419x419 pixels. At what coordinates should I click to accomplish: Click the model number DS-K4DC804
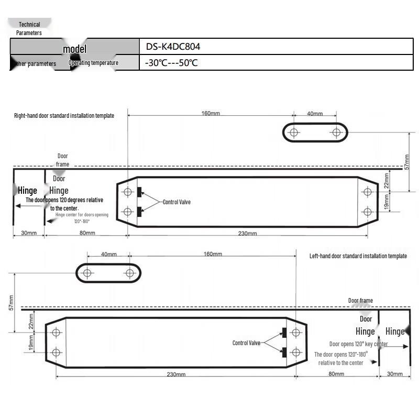click(173, 47)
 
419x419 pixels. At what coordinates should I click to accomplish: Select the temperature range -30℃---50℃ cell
click(171, 63)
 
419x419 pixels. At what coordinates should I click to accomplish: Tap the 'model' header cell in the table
click(74, 49)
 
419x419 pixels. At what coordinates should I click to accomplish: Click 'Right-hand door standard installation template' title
click(64, 115)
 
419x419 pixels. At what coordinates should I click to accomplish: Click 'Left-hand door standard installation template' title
click(358, 256)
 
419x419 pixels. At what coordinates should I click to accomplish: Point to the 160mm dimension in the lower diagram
click(213, 254)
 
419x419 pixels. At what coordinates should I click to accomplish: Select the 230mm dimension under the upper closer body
click(247, 233)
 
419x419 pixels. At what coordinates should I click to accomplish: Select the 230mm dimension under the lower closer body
click(176, 374)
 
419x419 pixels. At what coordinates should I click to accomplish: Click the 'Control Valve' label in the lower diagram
click(246, 343)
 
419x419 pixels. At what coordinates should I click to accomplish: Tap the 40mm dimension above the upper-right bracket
click(315, 113)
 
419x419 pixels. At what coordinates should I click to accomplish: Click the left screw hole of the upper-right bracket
click(294, 133)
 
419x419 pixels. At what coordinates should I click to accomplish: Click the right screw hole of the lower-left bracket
click(130, 273)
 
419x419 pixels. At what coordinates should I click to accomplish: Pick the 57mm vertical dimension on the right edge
click(407, 161)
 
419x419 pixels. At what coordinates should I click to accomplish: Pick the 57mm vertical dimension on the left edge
click(11, 303)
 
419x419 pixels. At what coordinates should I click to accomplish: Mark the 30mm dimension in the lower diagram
click(394, 374)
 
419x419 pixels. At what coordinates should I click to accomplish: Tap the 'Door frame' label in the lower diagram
click(360, 301)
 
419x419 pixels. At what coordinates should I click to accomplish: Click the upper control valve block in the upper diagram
click(139, 192)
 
